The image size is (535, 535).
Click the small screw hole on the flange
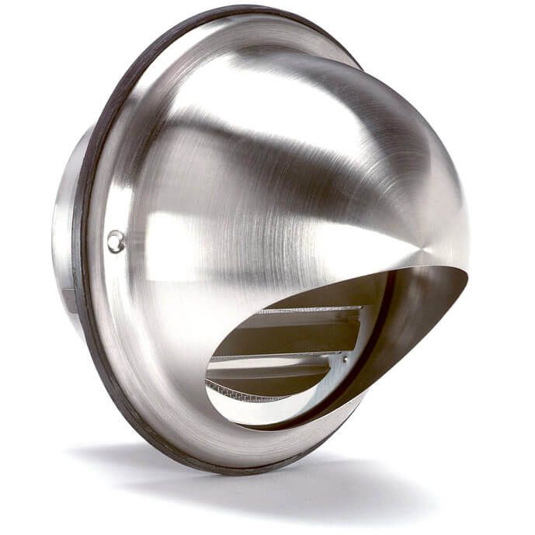(116, 241)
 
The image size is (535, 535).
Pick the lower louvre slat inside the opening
(272, 373)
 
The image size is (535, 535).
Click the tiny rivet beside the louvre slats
(342, 359)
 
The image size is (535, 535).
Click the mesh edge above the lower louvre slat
(272, 357)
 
